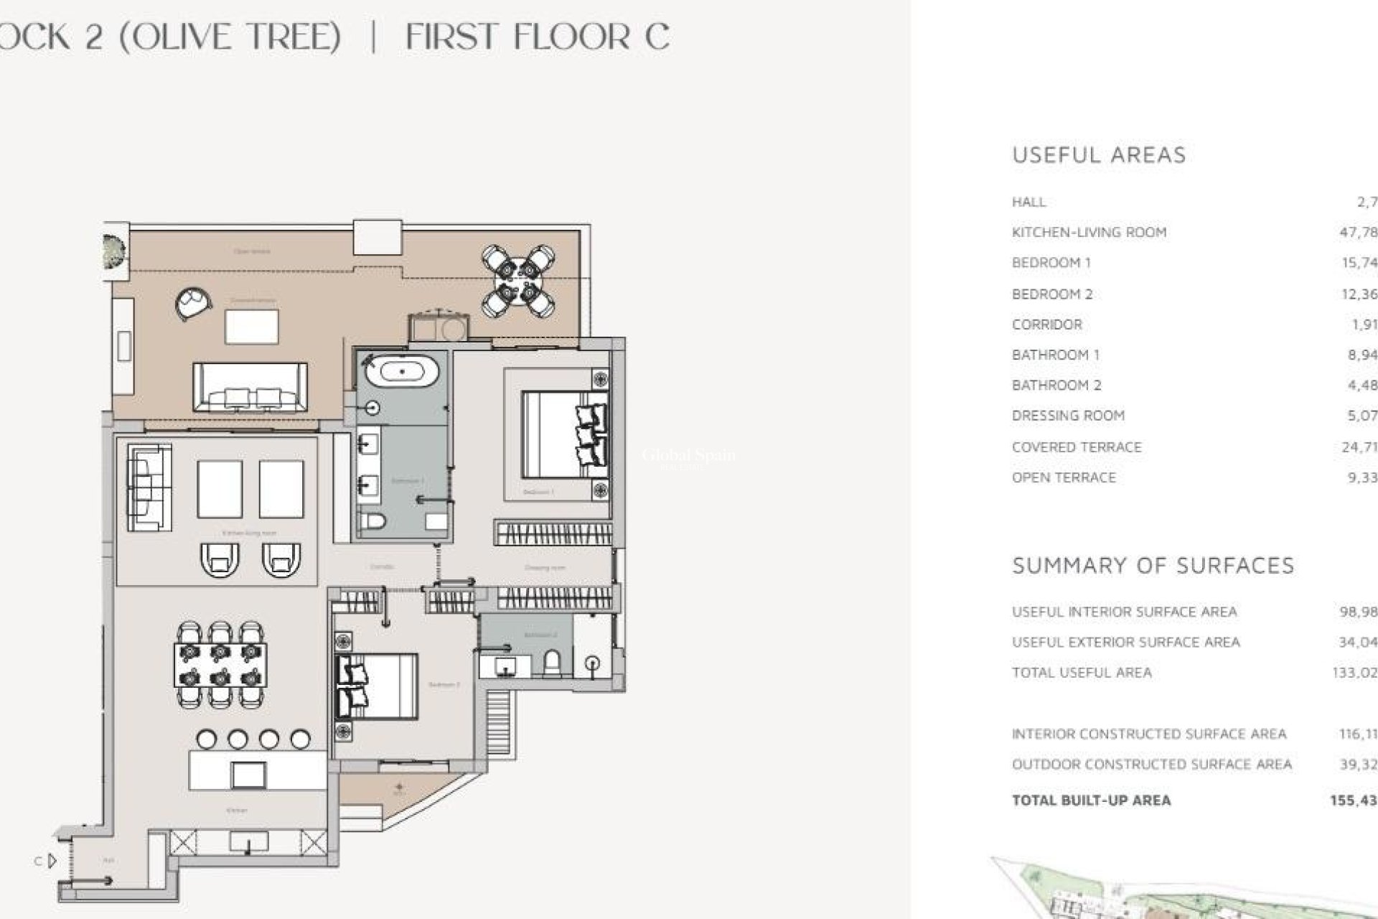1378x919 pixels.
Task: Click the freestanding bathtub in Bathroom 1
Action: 402,372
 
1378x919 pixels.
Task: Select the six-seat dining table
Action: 220,665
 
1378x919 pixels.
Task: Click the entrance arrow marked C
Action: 50,860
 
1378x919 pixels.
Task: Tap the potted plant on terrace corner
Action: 114,251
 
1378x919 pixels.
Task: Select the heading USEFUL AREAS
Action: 1099,155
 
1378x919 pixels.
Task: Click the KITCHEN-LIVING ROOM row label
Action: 1089,232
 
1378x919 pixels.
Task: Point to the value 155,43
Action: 1353,800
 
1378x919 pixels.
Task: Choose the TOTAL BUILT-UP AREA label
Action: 1091,800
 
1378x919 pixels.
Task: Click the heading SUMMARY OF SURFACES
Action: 1153,566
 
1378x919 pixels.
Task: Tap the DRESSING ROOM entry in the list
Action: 1068,416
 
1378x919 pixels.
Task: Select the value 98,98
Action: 1357,612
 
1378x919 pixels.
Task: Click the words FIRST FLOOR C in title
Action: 538,37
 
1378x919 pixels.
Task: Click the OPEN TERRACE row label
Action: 1064,477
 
